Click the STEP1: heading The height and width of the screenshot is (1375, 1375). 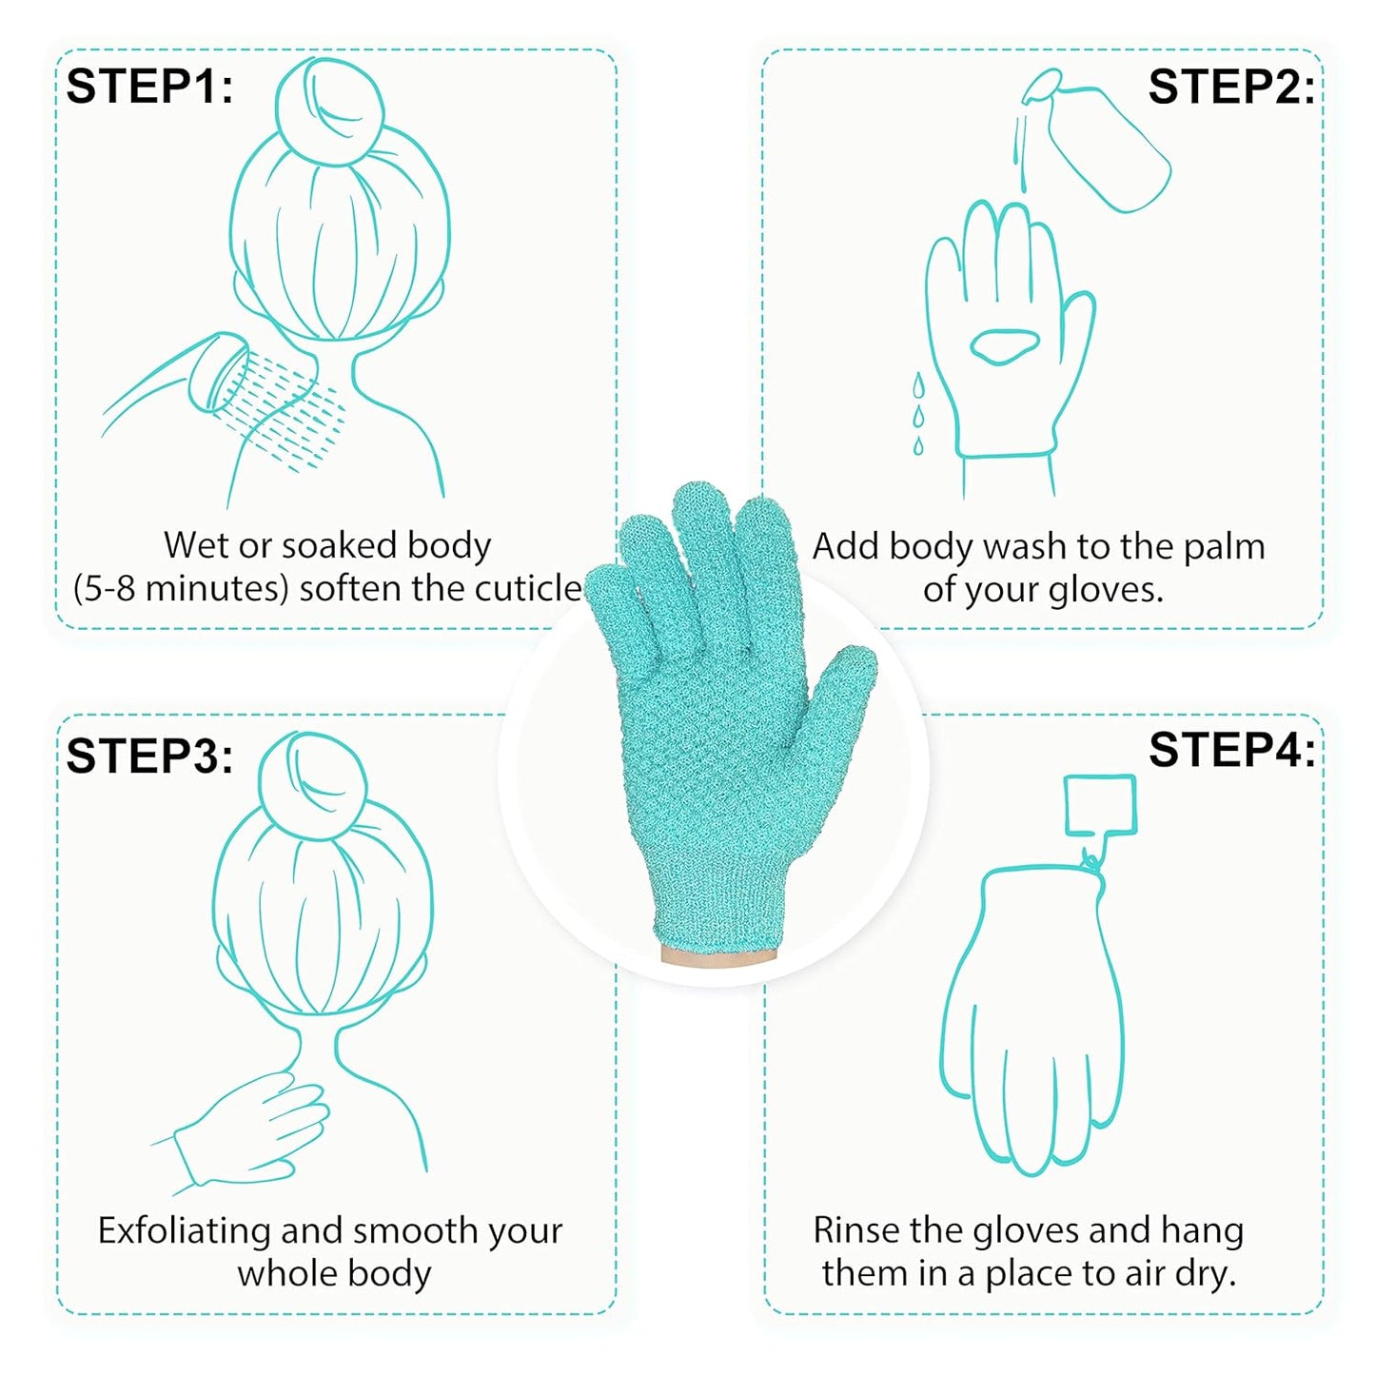(149, 87)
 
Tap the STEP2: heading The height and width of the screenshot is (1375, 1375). (1231, 88)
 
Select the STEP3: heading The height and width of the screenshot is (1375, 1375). (149, 756)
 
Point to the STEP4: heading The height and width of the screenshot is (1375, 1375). (1231, 750)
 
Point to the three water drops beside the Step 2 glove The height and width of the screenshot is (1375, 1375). (918, 415)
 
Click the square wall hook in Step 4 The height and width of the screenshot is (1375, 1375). (1100, 805)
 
